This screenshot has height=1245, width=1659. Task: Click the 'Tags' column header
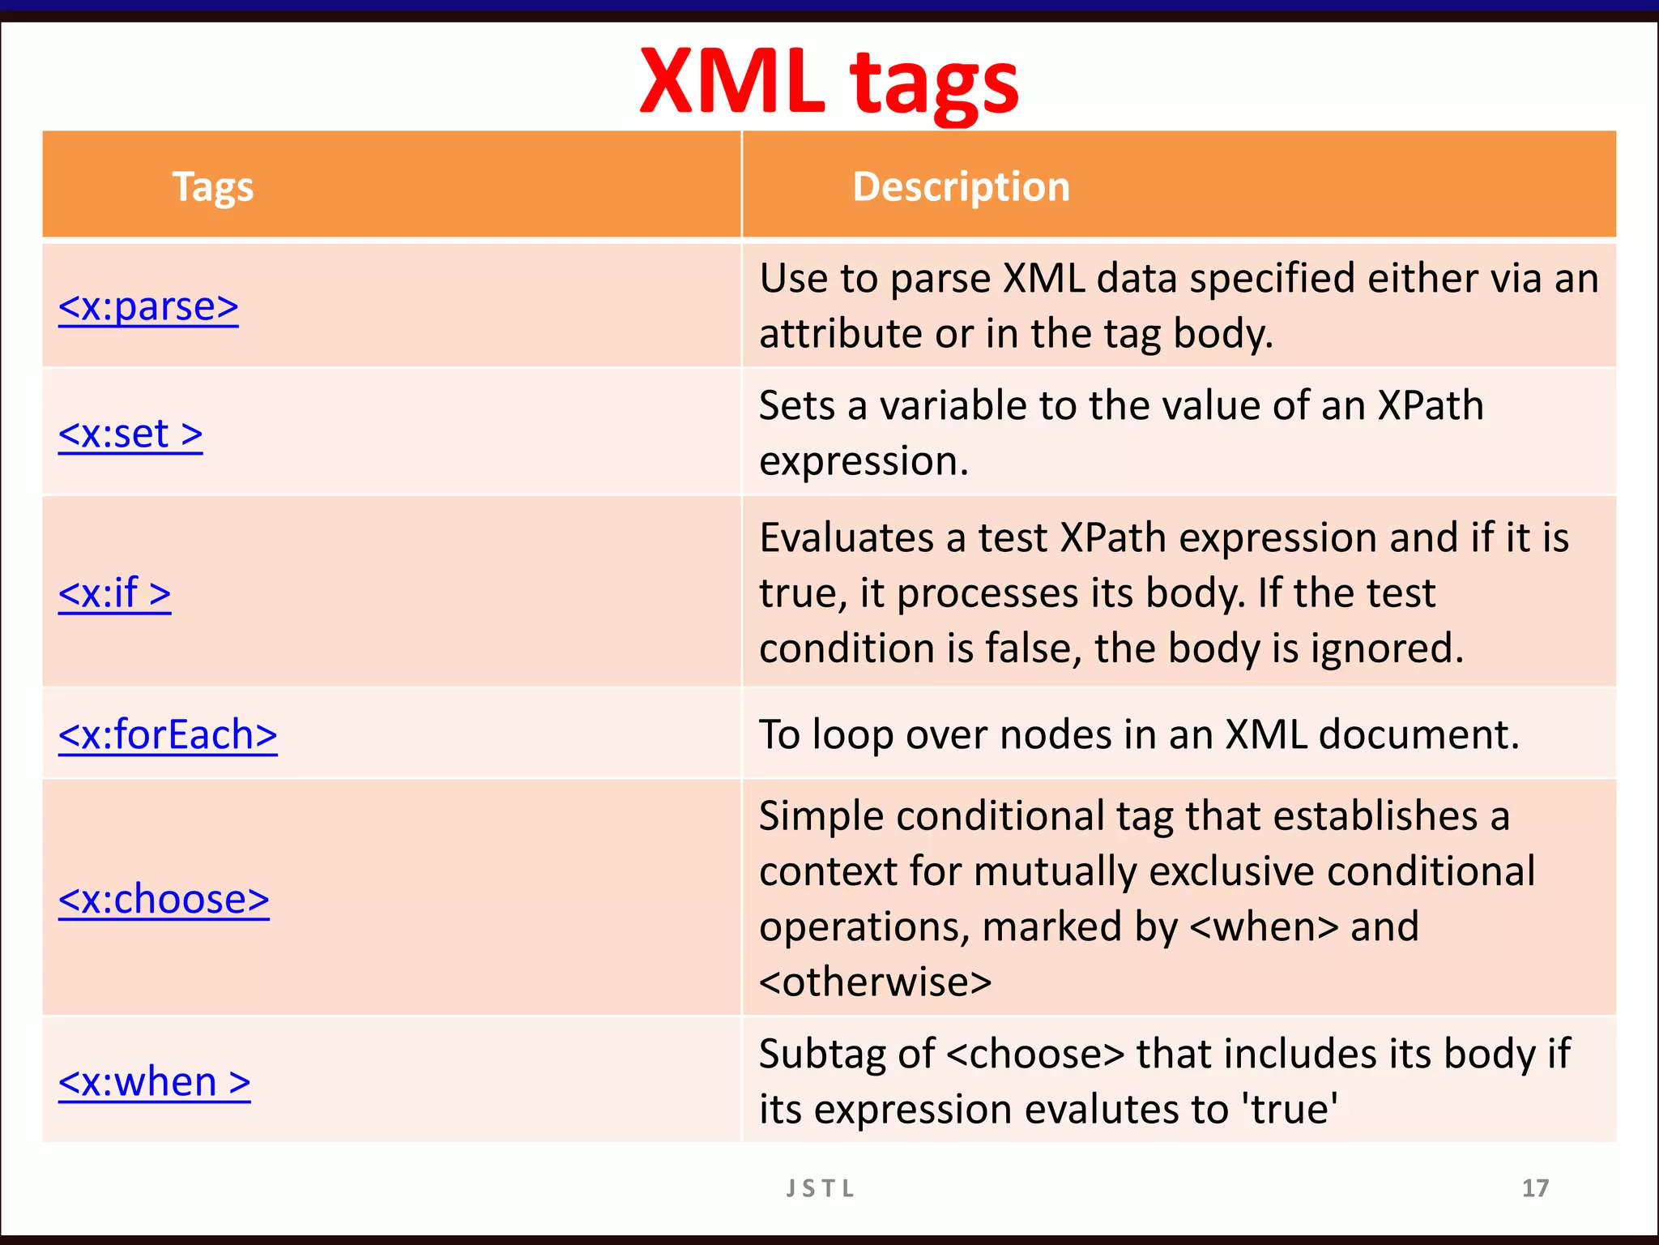point(213,186)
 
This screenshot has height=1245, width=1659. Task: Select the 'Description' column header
point(961,186)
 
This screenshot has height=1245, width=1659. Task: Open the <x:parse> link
point(148,307)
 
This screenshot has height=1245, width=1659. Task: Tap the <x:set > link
point(130,434)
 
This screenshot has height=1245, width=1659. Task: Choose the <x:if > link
point(114,593)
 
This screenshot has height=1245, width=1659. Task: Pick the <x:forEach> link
point(168,735)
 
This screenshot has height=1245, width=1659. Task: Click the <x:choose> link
point(164,900)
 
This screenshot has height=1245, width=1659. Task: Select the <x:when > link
point(154,1082)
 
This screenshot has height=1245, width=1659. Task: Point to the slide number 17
point(1535,1188)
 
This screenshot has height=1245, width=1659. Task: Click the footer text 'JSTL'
point(820,1188)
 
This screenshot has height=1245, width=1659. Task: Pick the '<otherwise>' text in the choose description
point(875,982)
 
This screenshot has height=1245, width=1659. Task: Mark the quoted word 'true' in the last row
point(1290,1110)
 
